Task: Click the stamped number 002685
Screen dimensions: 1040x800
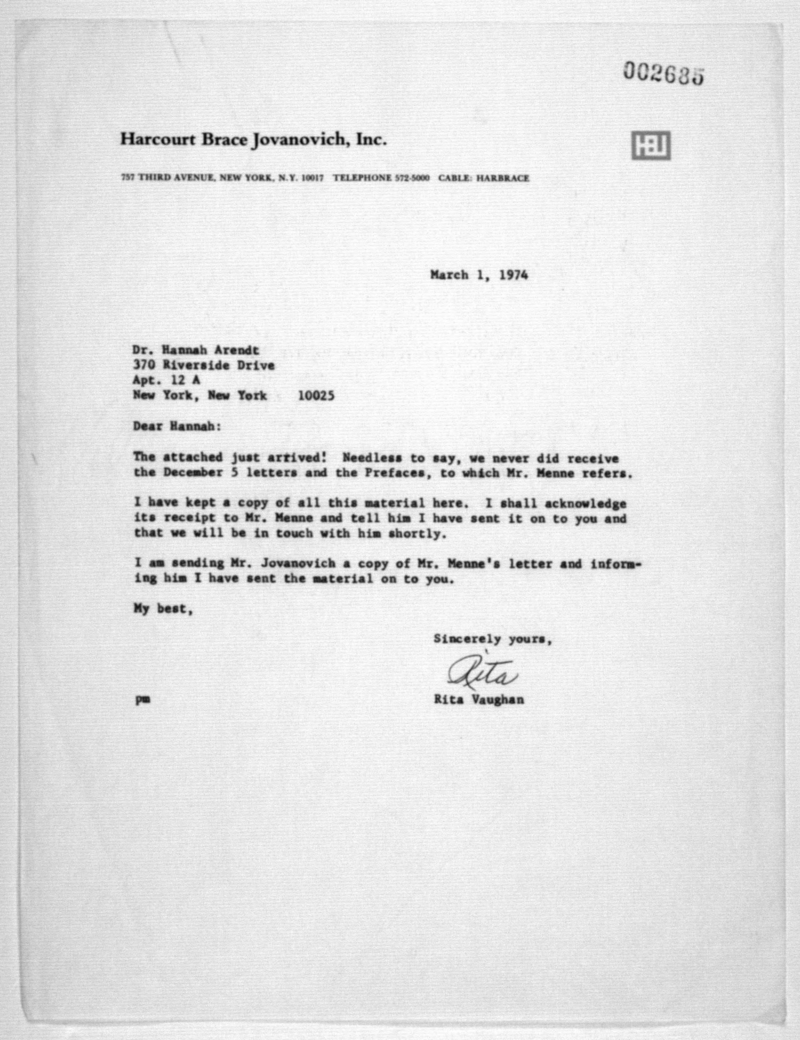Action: [663, 75]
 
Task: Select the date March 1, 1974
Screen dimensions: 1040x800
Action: [479, 275]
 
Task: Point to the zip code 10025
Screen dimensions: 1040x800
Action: [316, 396]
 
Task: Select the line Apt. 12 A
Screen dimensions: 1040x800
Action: [166, 380]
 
